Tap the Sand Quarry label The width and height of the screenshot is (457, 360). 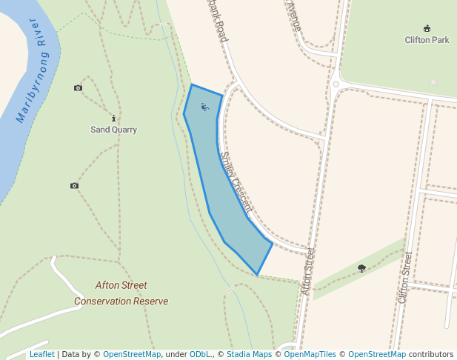113,130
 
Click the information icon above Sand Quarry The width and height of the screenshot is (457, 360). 113,118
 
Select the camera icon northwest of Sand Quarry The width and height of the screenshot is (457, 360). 79,88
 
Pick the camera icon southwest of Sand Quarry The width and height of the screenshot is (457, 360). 74,185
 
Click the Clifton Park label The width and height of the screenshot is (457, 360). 427,39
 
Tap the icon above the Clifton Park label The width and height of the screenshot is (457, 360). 427,28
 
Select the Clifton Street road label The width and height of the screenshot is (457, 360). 404,277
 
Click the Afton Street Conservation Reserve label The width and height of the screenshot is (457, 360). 121,293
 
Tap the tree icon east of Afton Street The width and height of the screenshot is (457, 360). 361,268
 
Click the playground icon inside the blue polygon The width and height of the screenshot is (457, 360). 205,107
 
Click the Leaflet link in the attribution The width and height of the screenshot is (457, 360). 41,354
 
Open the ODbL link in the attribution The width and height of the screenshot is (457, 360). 200,354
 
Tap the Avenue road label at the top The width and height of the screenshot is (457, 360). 293,16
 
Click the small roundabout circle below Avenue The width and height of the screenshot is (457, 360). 336,84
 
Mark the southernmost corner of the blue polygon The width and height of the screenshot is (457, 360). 258,275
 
